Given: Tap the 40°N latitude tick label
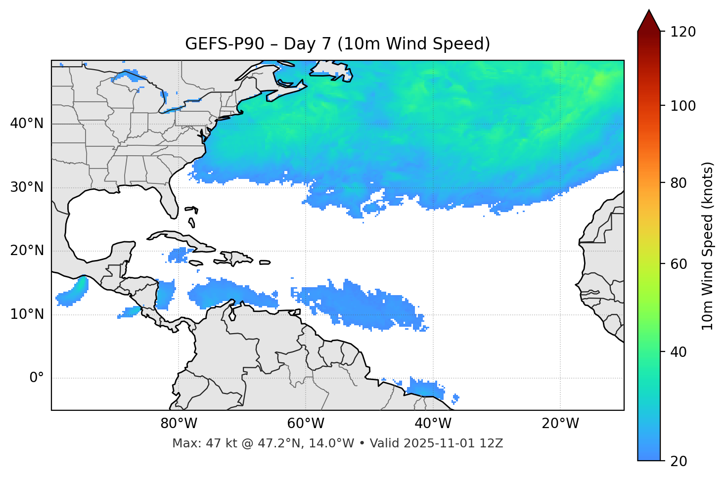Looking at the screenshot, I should tap(27, 124).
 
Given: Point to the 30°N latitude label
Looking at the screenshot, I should tap(27, 187).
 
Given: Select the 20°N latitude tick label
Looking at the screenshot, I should tap(27, 251).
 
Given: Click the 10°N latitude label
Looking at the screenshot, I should tap(27, 314).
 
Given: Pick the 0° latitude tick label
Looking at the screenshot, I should tap(37, 378).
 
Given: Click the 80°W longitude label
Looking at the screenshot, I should tap(179, 424).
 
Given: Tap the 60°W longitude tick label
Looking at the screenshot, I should tap(306, 424).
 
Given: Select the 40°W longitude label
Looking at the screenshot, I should tap(433, 424).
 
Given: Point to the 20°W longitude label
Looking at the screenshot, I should tap(560, 424).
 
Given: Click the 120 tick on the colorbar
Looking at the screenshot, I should tap(683, 32).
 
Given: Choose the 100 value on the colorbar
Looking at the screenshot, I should tap(683, 106).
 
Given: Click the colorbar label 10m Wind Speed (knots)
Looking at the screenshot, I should tap(708, 246).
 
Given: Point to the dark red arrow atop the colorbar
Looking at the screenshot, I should tap(649, 21).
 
